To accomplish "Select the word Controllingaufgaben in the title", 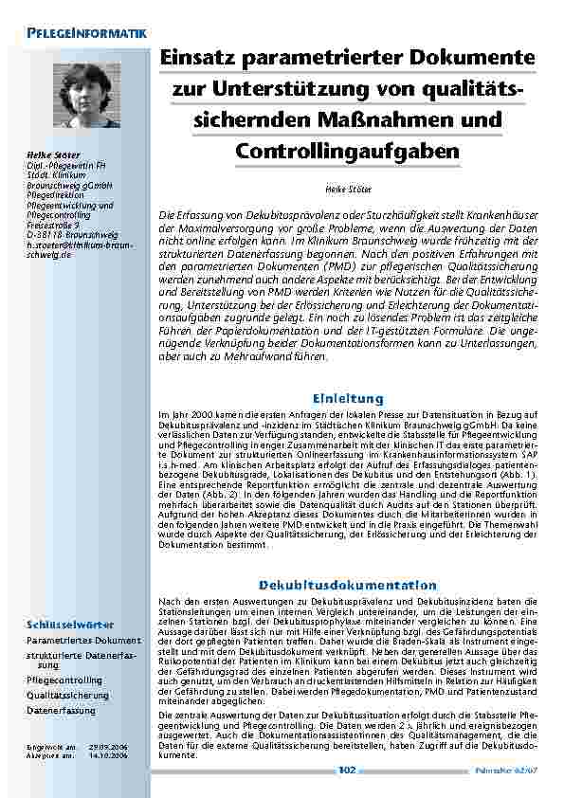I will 348,151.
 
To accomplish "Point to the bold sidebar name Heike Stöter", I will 53,154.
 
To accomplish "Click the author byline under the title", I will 348,189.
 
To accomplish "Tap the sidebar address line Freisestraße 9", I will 58,224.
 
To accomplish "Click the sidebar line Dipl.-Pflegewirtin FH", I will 65,164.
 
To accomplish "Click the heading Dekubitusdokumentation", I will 348,585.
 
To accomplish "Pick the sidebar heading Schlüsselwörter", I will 70,625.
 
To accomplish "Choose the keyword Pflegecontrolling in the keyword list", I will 64,680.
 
